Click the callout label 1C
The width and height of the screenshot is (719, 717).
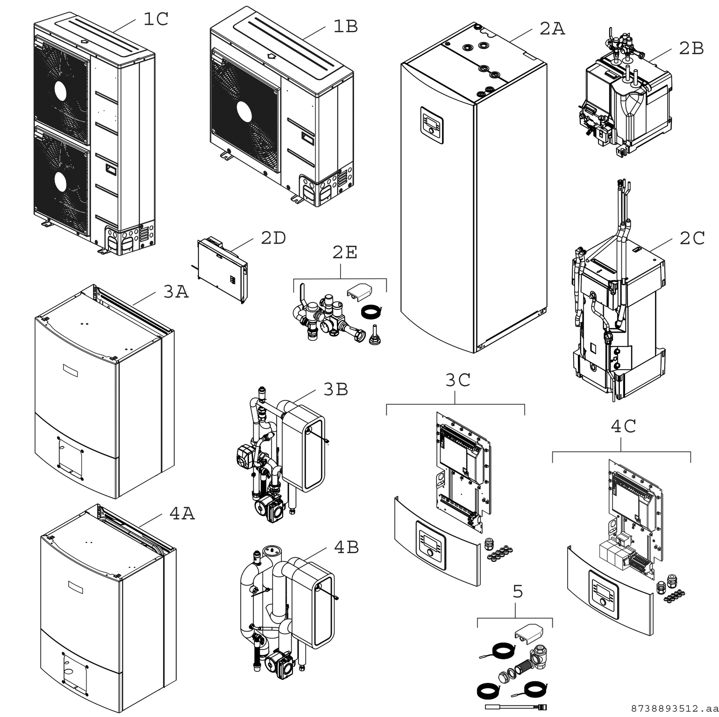coord(156,19)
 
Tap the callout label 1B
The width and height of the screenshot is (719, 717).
coord(345,27)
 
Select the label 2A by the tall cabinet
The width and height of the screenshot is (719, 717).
coord(552,29)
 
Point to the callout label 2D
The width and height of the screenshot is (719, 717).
coord(273,238)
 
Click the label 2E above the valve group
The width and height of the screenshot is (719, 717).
coord(345,253)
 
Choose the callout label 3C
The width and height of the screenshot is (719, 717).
coord(457,380)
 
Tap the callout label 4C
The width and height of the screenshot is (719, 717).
coord(623,426)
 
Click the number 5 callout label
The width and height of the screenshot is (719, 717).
coord(518,592)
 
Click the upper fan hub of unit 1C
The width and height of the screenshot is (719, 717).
coord(61,91)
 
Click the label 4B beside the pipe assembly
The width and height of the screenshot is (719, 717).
coord(346,548)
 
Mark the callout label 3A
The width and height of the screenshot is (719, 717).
coord(176,292)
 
